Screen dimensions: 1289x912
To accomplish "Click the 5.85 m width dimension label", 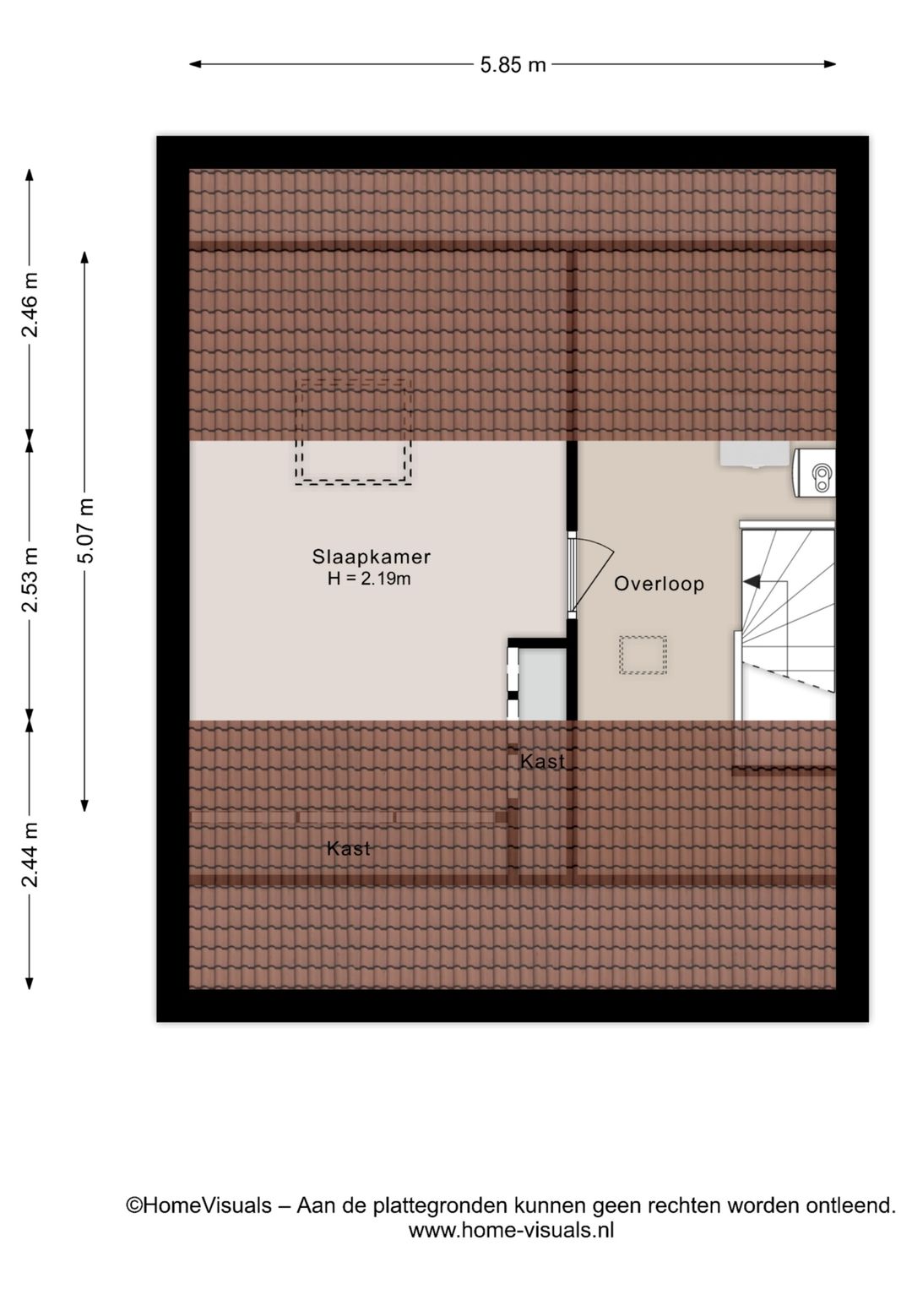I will pos(513,64).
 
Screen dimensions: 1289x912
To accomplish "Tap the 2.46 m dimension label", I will pos(30,304).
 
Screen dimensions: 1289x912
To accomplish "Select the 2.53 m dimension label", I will pos(30,580).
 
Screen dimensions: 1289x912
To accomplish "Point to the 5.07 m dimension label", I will pos(85,530).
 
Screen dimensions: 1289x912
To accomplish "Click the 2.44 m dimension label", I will pos(30,854).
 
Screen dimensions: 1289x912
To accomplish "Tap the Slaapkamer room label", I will pos(371,557).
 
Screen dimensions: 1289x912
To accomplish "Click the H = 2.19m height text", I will pos(369,579).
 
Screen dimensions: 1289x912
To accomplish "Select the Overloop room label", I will pos(659,584).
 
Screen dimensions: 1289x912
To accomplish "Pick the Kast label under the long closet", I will pos(348,848).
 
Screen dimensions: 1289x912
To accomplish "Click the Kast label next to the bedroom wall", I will pos(542,761).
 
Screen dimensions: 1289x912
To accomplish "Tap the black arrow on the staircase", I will pos(751,581).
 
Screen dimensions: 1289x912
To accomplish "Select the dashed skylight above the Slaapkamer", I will pos(353,432).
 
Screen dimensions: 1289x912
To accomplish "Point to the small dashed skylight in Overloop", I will pos(643,655).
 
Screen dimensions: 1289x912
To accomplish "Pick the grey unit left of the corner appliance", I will pos(754,454).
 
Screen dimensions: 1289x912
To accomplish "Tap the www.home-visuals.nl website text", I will pos(511,1230).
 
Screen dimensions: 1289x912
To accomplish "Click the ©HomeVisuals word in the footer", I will pos(199,1205).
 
